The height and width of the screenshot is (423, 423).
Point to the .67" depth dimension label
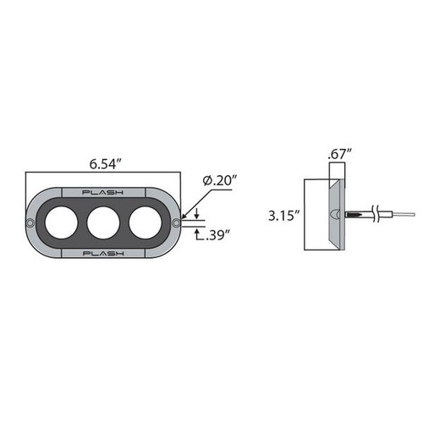(338, 155)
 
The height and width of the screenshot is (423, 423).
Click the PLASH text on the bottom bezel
(104, 252)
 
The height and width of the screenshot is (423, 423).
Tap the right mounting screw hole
(175, 223)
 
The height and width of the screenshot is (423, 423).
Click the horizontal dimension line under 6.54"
(104, 173)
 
